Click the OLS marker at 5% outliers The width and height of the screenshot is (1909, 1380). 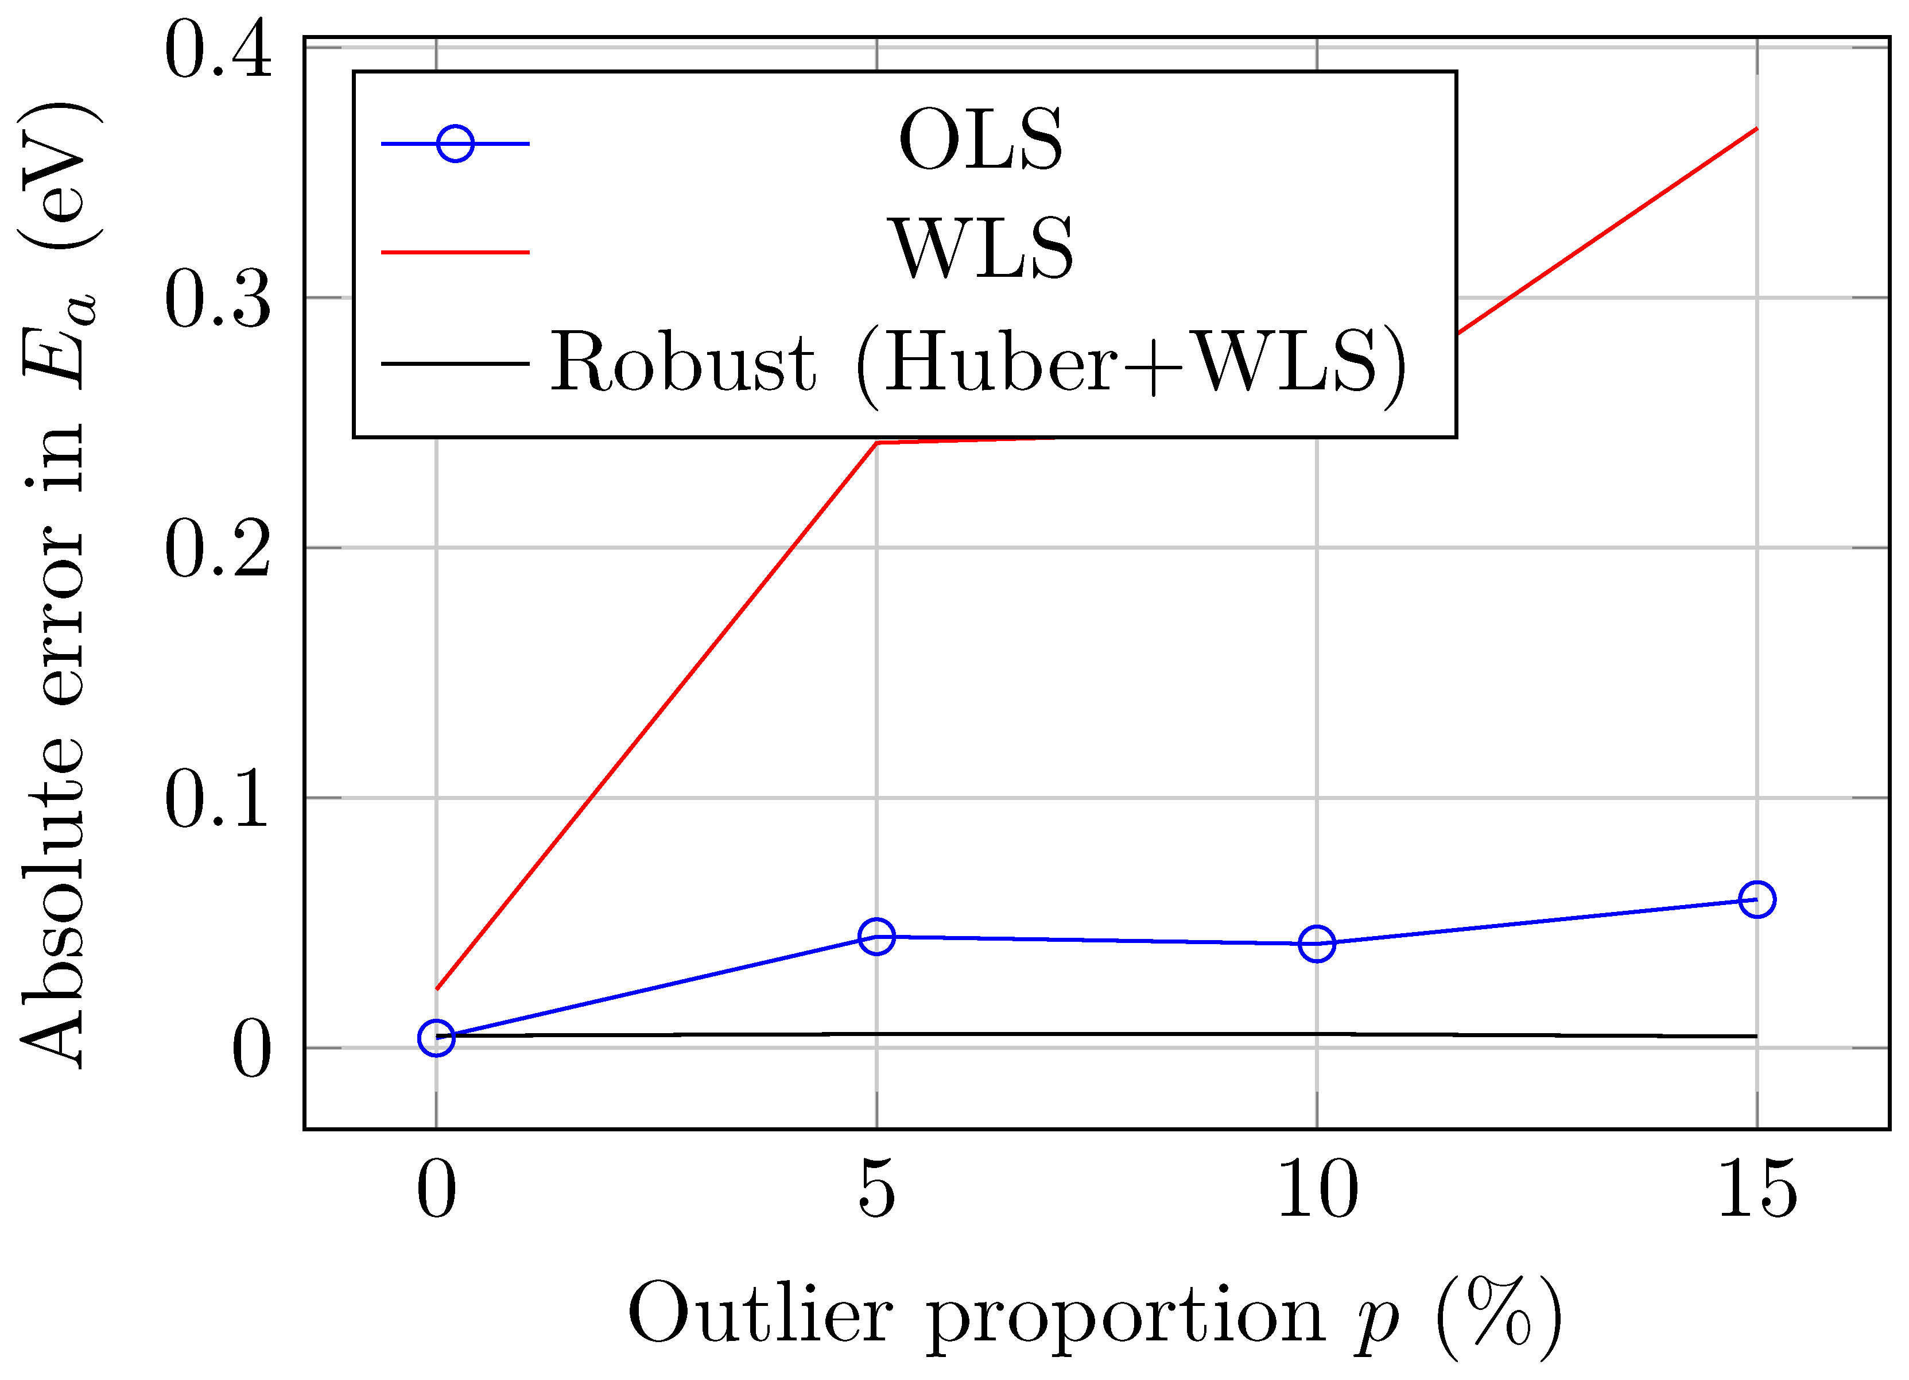(876, 936)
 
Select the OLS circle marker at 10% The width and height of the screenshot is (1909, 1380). (1317, 943)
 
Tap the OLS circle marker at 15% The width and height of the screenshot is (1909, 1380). (1757, 899)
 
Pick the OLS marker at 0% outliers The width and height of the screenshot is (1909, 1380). (436, 1038)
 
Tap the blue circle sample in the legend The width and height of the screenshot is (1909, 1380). (455, 144)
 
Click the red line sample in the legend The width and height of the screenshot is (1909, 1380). (455, 252)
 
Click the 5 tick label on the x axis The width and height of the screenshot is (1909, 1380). (876, 1189)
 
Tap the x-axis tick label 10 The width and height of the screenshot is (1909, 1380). (1317, 1189)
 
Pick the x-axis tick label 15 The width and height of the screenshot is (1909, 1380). (1757, 1189)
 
